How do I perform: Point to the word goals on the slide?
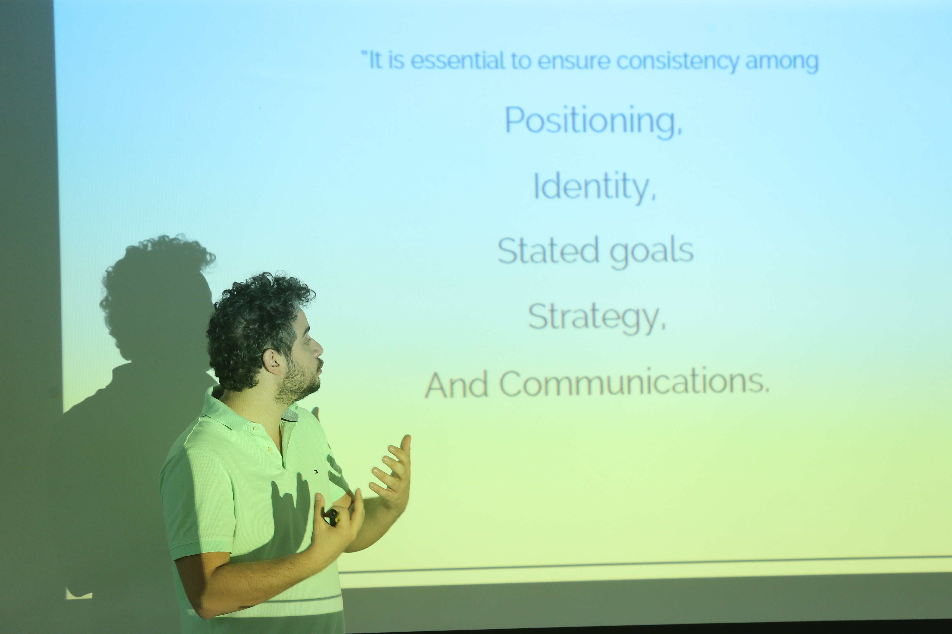pyautogui.click(x=652, y=253)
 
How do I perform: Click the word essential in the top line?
pyautogui.click(x=457, y=61)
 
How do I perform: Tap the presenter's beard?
pyautogui.click(x=297, y=382)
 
